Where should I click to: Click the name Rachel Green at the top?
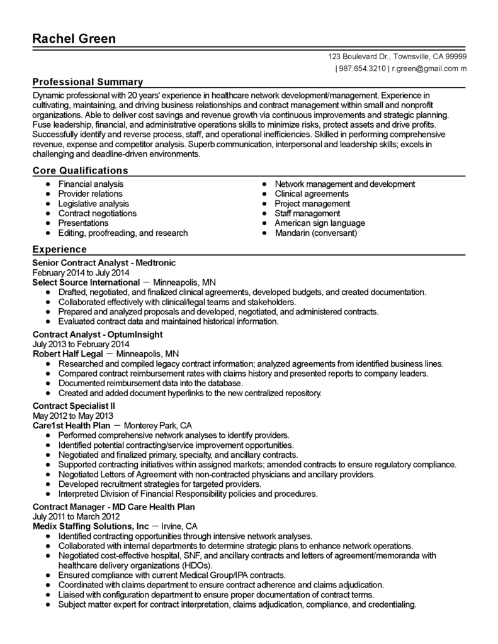(x=74, y=39)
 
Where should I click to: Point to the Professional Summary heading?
(x=88, y=82)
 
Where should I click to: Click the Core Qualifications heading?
(x=80, y=170)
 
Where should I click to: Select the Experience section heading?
(x=60, y=249)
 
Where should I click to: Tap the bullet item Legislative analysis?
(x=93, y=204)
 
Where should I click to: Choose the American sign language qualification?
(x=319, y=223)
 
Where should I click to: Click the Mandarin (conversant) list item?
(x=315, y=233)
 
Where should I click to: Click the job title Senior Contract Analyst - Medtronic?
(x=104, y=263)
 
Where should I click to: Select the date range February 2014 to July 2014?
(x=81, y=272)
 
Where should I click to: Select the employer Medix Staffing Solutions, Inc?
(x=91, y=526)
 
